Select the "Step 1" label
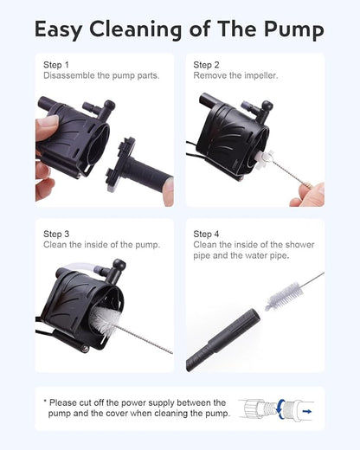(56, 65)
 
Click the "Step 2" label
(206, 65)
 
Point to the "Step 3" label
(56, 234)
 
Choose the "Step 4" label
(206, 234)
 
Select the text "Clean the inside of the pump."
(101, 245)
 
